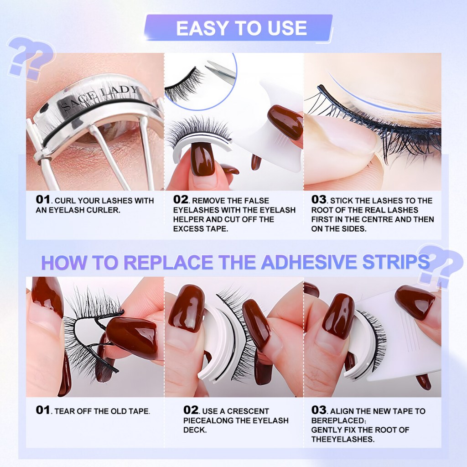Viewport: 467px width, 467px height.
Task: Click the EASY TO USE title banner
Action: coord(238,28)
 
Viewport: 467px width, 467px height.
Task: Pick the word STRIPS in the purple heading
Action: coord(396,262)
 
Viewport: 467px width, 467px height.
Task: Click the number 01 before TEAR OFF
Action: coord(42,410)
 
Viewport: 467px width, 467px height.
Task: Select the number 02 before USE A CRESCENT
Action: coord(191,410)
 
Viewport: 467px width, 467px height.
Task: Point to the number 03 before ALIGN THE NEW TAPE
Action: coord(319,410)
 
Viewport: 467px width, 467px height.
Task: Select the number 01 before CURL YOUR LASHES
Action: coord(42,200)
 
